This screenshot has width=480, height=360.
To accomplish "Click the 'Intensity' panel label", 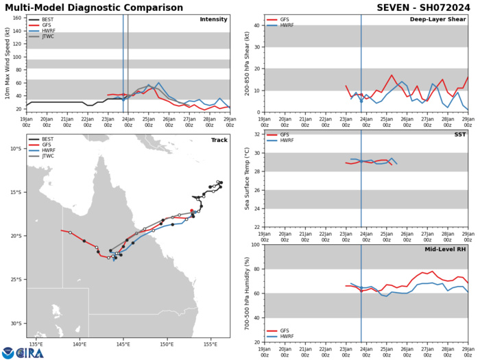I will point(213,19).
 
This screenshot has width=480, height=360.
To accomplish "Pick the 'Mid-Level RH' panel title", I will point(446,249).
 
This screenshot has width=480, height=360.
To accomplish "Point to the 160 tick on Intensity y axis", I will point(16,17).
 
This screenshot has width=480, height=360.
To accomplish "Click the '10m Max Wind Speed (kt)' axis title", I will point(5,73).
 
